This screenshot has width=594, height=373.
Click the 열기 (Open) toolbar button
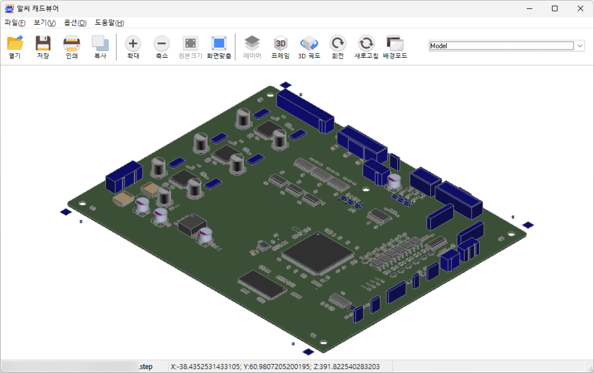pos(15,47)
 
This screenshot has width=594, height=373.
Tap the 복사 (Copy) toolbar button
pos(100,47)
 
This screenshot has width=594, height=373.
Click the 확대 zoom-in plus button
pos(133,47)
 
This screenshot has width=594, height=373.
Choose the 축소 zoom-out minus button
pos(161,47)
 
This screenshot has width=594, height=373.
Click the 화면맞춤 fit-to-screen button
pos(219,47)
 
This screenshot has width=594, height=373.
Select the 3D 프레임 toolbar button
pos(280,47)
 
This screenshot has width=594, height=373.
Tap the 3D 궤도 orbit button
pos(309,47)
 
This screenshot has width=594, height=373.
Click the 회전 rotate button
pos(338,47)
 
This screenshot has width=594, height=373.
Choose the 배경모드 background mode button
pos(395,47)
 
